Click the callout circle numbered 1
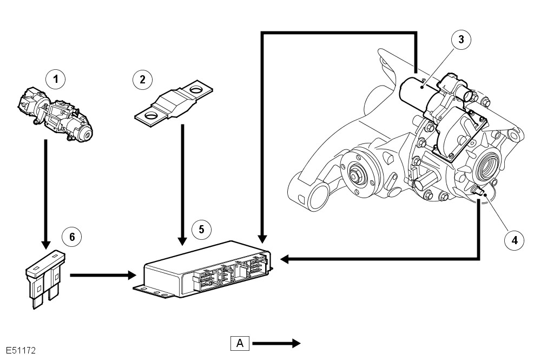55,80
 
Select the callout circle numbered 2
142,80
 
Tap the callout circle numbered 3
460,39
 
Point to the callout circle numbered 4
515,239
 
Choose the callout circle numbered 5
201,229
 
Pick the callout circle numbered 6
71,236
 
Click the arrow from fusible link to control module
182,184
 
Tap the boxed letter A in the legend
240,343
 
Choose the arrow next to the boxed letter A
276,343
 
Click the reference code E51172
21,351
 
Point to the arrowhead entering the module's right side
284,260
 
